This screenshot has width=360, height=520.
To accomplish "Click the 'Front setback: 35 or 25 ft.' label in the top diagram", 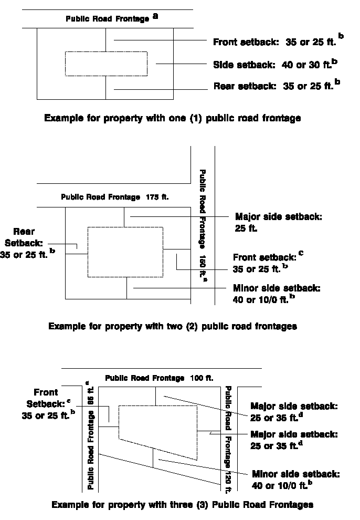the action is pos(276,42).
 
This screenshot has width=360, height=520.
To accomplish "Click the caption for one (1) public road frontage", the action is pos(173,118).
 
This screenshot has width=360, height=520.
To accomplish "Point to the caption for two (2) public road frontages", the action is pos(173,326).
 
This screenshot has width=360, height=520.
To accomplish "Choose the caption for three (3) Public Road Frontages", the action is pos(182,505).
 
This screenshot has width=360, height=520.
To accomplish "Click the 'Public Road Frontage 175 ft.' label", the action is pos(118,197).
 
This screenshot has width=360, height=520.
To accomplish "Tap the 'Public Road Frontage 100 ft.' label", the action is pos(159,378).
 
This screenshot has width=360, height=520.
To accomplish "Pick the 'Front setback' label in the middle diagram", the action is pos(265,263).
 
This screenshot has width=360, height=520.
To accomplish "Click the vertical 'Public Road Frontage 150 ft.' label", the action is pos(203,226).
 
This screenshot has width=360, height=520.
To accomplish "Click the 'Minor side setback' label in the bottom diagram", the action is pos(296,480).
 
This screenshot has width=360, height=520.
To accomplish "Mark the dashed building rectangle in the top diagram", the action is pos(105,64).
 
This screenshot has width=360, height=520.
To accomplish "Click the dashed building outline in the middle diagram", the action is pos(125,252).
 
